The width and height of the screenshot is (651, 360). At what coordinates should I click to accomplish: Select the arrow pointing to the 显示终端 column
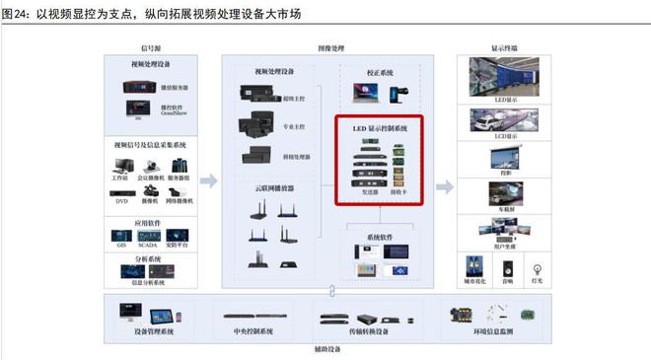[x=445, y=185]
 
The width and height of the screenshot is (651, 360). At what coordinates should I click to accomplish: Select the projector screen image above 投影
[x=504, y=159]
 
